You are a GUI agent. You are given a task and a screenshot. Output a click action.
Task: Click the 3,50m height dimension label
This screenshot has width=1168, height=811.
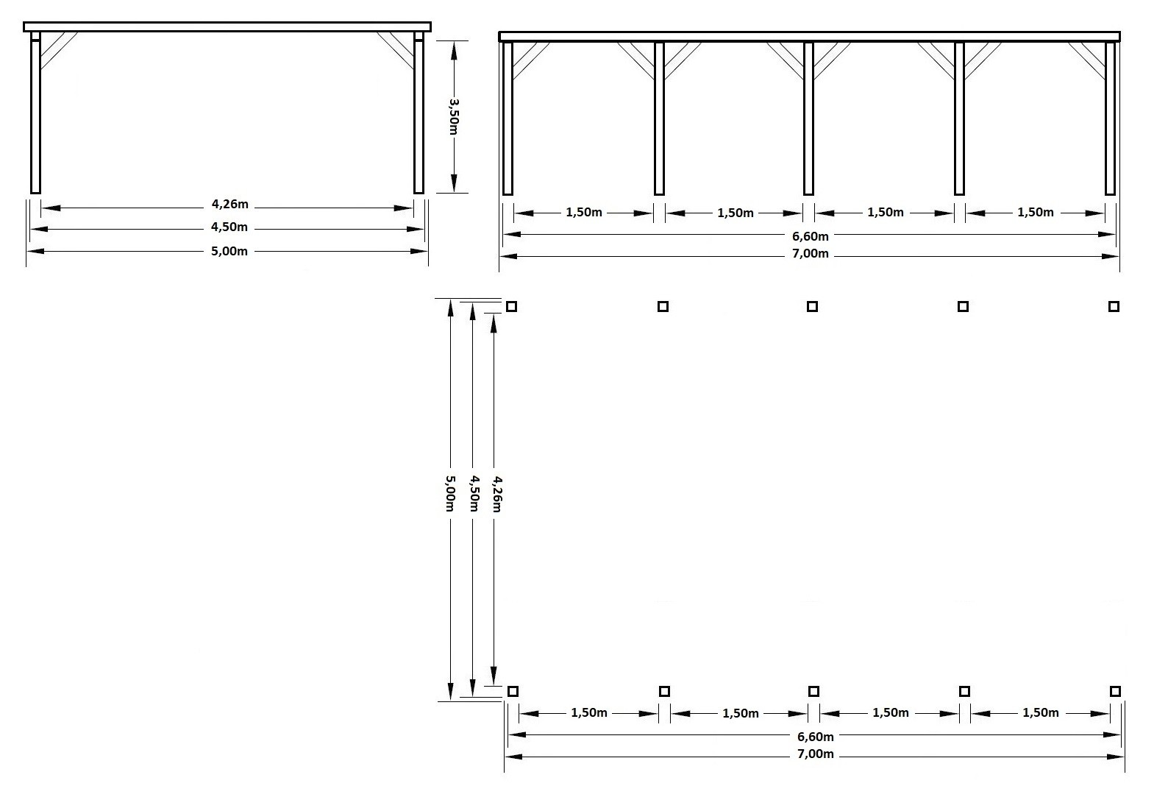(453, 116)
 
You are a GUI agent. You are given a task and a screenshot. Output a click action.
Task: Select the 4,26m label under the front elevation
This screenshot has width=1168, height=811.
(230, 204)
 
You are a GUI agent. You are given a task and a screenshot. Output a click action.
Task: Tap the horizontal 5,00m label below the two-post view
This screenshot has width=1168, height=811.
(229, 252)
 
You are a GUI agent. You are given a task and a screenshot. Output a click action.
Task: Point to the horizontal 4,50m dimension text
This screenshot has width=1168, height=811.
(229, 227)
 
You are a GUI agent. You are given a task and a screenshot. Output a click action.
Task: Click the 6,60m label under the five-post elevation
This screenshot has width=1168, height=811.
(811, 236)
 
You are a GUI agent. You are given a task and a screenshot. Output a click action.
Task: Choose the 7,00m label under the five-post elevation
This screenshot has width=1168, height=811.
(811, 254)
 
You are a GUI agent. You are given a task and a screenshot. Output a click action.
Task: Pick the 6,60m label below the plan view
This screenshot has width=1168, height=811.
(816, 737)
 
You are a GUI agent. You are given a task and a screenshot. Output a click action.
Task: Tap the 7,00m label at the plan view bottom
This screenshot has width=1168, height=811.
(816, 754)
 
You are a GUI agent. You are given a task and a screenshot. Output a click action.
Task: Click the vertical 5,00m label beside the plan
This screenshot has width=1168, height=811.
(450, 492)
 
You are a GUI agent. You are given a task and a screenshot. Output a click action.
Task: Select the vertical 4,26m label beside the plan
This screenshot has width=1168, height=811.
(496, 494)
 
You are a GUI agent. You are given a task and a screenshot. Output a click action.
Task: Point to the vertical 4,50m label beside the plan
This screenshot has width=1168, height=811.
(474, 493)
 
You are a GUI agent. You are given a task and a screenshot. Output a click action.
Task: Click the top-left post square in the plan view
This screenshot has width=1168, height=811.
(511, 306)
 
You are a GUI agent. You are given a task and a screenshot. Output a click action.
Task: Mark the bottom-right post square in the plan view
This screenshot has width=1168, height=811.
(1115, 692)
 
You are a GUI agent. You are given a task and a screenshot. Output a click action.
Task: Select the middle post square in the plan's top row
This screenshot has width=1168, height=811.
(813, 306)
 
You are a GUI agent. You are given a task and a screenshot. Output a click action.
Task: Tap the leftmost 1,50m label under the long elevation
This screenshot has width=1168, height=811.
(584, 213)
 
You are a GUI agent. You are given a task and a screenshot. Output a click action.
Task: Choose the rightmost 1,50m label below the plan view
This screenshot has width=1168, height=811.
(1041, 713)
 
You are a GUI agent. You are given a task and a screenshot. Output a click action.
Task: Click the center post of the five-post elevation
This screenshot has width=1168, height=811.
(809, 118)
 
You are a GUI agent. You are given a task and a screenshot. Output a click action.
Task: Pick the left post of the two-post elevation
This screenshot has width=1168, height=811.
(35, 113)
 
